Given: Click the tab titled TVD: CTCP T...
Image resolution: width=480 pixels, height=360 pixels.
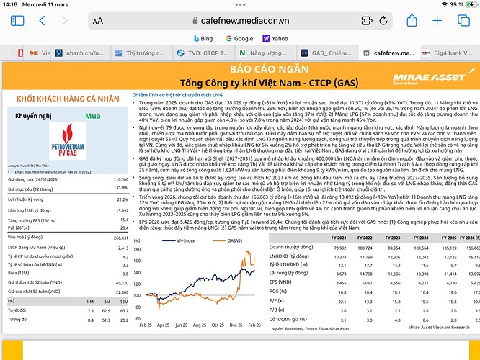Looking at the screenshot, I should [x=204, y=53].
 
